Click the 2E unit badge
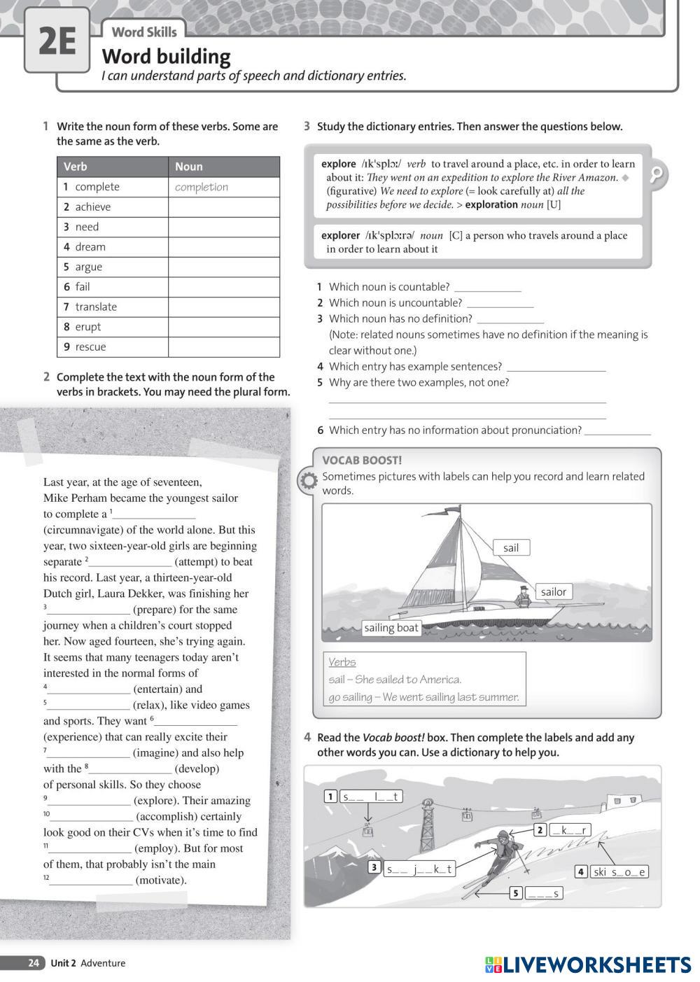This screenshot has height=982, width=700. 57,41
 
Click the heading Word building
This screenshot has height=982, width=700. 166,56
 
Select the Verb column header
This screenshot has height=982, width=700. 76,167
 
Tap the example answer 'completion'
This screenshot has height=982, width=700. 202,187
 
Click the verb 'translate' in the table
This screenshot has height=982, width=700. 96,307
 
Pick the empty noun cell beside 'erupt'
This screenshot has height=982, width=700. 223,327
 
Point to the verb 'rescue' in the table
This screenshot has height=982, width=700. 90,346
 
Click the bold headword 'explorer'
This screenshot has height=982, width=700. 340,235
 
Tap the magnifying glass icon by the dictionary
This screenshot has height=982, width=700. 657,174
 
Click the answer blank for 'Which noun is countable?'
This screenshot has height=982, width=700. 487,287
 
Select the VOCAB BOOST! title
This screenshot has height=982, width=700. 362,460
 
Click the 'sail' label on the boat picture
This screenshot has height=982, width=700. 511,547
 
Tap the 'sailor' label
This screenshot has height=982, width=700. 553,591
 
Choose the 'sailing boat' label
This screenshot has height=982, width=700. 391,628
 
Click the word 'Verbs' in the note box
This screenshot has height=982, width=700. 342,661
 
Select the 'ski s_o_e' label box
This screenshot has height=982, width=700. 619,871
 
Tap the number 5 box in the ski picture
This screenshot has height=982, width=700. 516,893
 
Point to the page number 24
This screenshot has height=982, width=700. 34,963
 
